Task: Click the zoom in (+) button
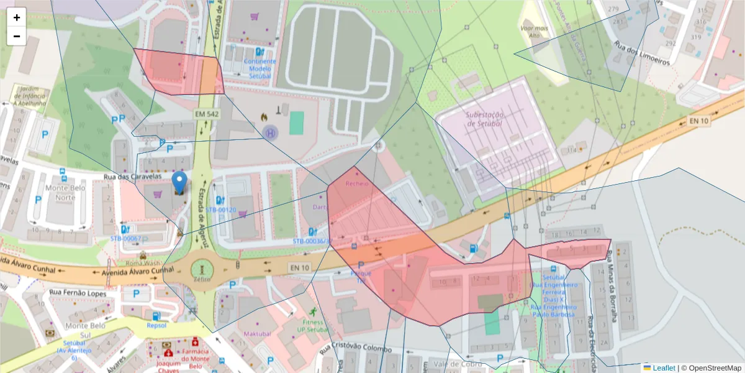coord(17,17)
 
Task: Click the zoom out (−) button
coord(17,36)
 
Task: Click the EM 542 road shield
coord(207,114)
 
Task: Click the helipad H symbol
coord(270,132)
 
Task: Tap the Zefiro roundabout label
coord(202,280)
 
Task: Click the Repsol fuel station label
coord(156,325)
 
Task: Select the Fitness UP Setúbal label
coord(312,326)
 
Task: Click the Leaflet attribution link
coord(664,368)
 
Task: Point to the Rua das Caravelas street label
coord(128,178)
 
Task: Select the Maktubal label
coord(258,334)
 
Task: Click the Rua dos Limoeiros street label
coord(641,53)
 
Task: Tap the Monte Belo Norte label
coord(65,192)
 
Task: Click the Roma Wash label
coord(143,263)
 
